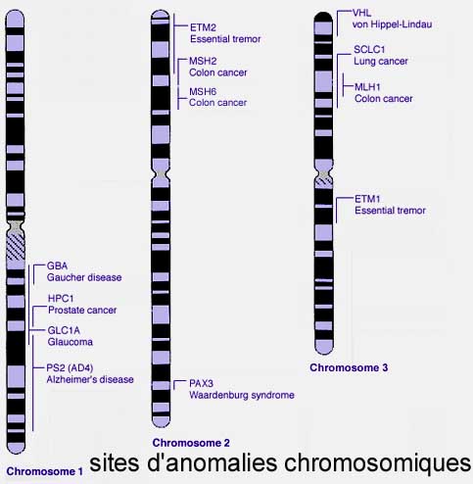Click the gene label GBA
point(57,266)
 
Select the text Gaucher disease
point(84,277)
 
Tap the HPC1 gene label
point(61,298)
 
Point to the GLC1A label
point(64,330)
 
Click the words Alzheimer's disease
point(90,379)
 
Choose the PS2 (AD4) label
point(70,368)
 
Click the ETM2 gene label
point(203,27)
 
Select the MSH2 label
point(203,61)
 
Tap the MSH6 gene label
point(203,91)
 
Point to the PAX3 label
point(201,383)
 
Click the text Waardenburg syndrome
point(242,395)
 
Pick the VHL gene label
point(361,13)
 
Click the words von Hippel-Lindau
point(393,24)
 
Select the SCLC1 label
point(369,50)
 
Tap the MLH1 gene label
point(367,87)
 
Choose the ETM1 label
point(367,199)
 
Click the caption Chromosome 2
point(191,443)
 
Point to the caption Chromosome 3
point(349,367)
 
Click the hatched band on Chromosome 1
point(16,248)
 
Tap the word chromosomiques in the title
point(377,464)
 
